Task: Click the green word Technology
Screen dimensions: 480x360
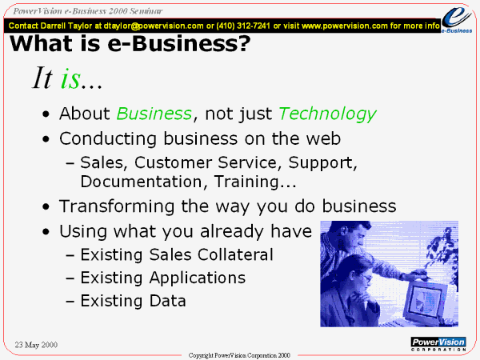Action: [327, 114]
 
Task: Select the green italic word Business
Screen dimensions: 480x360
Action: [154, 114]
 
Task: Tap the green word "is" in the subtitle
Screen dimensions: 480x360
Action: [70, 78]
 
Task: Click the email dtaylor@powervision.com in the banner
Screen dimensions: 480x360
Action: [154, 26]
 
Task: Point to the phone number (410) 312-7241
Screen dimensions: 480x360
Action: [243, 26]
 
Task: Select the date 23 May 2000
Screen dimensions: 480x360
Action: [36, 345]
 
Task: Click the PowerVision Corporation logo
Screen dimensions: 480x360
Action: [438, 344]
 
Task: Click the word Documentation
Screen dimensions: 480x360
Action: [141, 182]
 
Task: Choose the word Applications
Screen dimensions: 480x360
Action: [197, 278]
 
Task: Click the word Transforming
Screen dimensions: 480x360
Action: [117, 206]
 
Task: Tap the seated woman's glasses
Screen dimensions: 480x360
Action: [366, 278]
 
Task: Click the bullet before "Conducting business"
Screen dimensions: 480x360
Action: [46, 139]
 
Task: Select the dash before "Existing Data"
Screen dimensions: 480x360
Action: [70, 302]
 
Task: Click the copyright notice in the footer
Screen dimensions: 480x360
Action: [239, 355]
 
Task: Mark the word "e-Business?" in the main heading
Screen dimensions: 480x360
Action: [178, 43]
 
